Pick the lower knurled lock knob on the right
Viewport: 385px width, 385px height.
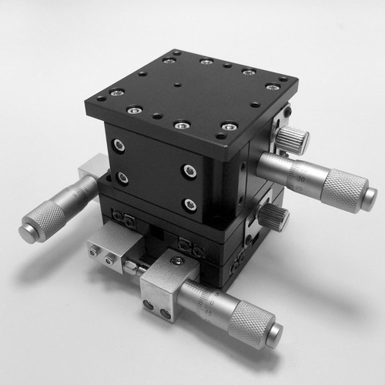pyautogui.click(x=274, y=217)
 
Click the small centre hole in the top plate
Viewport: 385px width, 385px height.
pyautogui.click(x=178, y=85)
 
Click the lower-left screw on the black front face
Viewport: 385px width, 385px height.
pyautogui.click(x=122, y=178)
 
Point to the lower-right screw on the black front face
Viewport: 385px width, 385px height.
pyautogui.click(x=189, y=204)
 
